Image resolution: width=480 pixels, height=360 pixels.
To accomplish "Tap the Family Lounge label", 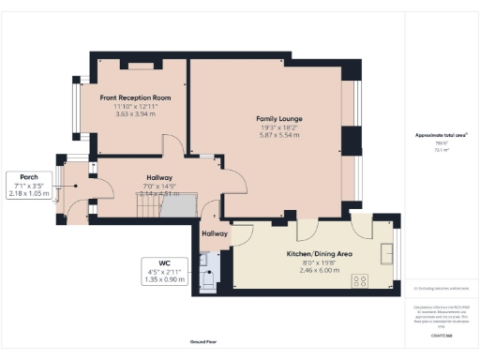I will pos(278,119).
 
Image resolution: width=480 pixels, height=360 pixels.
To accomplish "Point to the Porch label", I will pos(27,175).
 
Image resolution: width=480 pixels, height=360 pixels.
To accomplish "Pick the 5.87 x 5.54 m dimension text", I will pos(278,136).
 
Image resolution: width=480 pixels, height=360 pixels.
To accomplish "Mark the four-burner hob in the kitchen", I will pos(359,280).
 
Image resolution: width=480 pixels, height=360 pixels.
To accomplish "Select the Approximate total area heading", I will pos(440,135).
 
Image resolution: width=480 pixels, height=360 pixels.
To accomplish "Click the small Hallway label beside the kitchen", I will pos(215,234).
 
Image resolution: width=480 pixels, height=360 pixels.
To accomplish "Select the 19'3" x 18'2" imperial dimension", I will pos(278,127).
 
